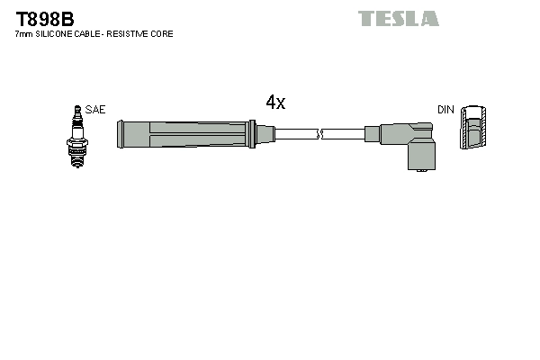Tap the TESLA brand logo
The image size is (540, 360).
tap(398, 18)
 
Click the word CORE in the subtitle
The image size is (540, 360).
tap(162, 34)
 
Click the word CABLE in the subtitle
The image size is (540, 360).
tap(94, 34)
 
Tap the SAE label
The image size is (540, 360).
tap(95, 109)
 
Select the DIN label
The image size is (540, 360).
tap(445, 109)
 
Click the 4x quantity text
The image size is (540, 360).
tap(275, 103)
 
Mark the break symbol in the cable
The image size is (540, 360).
tap(320, 135)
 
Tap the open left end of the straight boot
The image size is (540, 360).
tap(121, 135)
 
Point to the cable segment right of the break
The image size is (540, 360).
tap(346, 135)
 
